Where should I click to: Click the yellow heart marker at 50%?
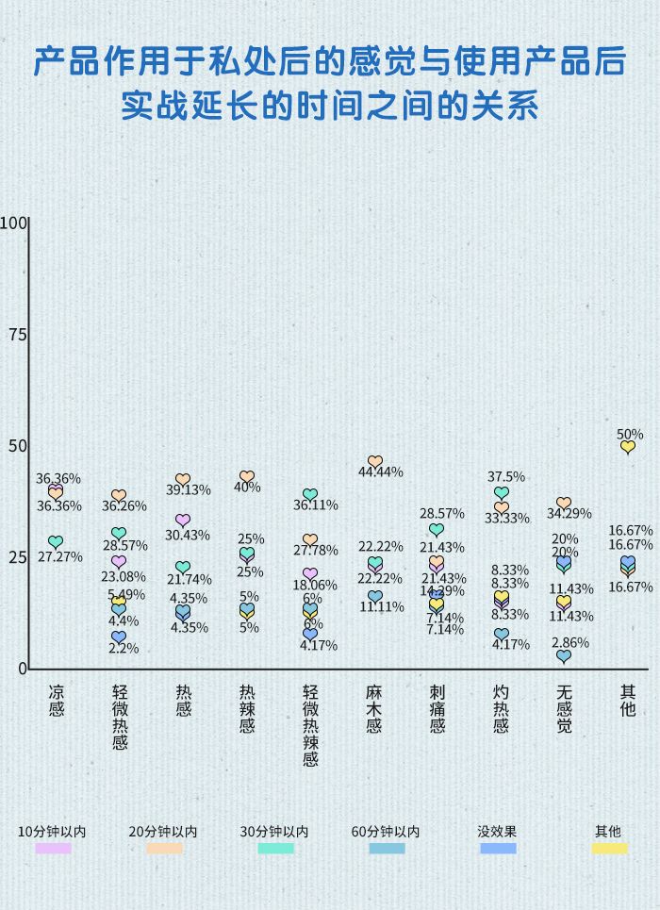click(628, 447)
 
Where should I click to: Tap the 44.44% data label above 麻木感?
click(380, 472)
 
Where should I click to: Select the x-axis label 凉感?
click(57, 700)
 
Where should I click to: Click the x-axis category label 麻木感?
click(374, 708)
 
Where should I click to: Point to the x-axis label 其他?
click(628, 700)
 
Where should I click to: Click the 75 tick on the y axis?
click(14, 335)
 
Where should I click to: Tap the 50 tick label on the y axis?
click(14, 446)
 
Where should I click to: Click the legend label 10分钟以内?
click(53, 832)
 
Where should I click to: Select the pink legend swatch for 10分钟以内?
click(53, 849)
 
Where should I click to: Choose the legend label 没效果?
click(497, 832)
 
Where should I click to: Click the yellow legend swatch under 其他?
click(609, 849)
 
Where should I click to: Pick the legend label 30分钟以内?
click(274, 832)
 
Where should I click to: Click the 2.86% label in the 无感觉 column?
click(570, 642)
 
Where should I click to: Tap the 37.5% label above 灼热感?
click(507, 477)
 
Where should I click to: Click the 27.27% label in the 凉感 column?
click(59, 556)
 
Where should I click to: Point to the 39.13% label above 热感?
click(189, 490)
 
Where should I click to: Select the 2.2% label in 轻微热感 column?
click(124, 648)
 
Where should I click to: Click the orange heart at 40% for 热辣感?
click(247, 477)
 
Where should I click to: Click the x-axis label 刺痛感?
click(437, 708)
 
